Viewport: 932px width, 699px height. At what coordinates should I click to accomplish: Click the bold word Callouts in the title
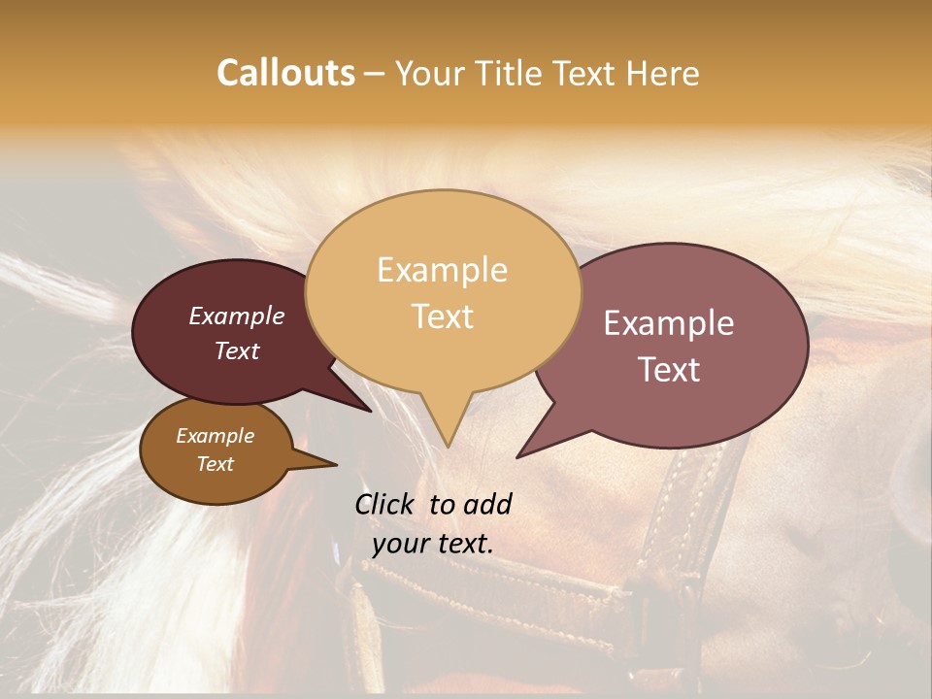tap(285, 73)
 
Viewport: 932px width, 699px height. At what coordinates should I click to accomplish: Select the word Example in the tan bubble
tap(442, 270)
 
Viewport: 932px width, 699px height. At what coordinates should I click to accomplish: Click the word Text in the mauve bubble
tap(669, 370)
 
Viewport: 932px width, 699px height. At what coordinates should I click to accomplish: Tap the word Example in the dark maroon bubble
tap(237, 316)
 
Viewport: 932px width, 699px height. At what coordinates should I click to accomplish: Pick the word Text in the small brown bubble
tap(216, 464)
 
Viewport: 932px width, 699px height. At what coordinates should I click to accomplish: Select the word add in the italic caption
tap(486, 504)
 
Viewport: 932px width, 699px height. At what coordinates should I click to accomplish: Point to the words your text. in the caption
tap(433, 543)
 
